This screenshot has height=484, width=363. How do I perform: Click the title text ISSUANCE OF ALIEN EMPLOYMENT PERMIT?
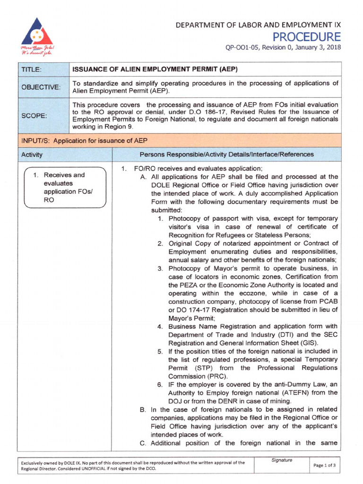pos(154,69)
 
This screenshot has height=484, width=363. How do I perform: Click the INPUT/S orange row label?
pos(84,140)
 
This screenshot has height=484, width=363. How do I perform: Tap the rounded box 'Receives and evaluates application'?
pos(65,188)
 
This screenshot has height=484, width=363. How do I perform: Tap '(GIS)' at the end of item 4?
pos(309,343)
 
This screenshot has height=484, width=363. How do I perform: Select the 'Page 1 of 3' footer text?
pos(326,466)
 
